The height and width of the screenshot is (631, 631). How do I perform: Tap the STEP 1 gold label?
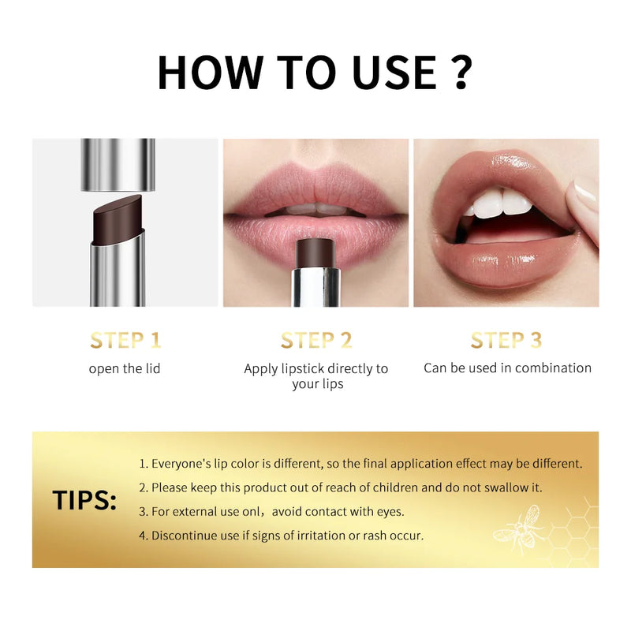[125, 340]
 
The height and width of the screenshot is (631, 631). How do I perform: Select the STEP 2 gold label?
[315, 340]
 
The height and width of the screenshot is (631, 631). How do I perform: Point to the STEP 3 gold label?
[506, 340]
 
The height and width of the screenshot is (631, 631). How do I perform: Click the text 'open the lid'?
[125, 368]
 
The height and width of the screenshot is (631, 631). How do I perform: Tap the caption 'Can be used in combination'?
[507, 368]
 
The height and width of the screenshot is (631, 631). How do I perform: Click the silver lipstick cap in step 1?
[118, 164]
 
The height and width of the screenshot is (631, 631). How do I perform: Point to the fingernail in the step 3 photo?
[584, 192]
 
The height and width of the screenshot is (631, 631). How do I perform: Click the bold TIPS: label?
[84, 501]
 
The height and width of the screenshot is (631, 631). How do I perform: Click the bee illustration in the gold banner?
[517, 526]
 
